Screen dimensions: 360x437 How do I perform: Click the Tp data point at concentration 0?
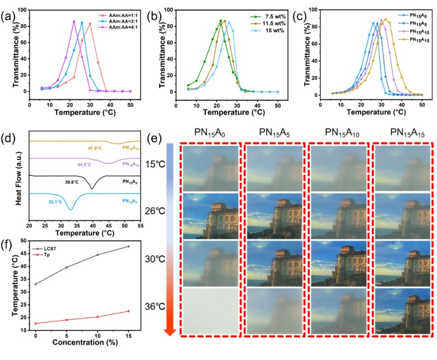coord(36,323)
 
